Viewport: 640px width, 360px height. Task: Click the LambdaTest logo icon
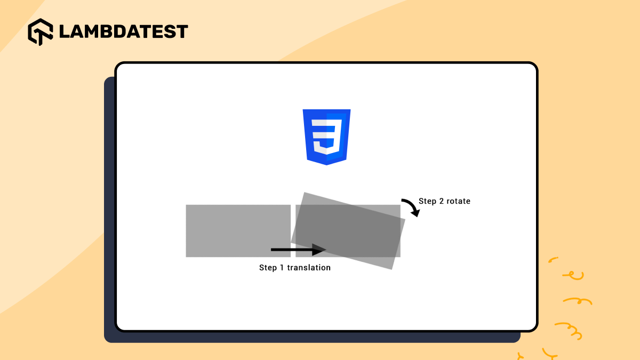tap(41, 31)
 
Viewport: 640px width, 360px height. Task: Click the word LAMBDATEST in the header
tap(123, 31)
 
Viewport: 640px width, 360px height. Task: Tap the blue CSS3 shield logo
tap(326, 137)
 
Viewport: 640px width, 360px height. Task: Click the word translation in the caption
tap(309, 268)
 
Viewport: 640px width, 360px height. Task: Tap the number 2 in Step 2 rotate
tap(440, 201)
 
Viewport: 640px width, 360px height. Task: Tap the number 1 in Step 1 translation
tap(282, 268)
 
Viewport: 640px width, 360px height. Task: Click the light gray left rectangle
tap(238, 230)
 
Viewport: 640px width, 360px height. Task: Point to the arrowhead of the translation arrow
tap(319, 250)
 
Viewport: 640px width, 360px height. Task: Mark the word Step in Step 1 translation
tap(268, 268)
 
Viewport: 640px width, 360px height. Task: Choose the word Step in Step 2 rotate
tap(427, 201)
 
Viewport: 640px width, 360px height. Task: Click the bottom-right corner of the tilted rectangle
tap(392, 269)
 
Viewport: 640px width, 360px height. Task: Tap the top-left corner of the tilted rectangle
tap(305, 193)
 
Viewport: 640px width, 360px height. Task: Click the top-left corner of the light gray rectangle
tap(186, 205)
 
